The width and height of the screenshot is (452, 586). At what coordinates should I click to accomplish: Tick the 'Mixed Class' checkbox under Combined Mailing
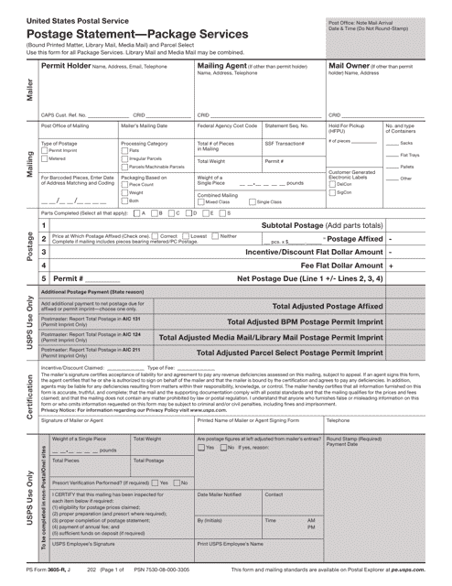pyautogui.click(x=201, y=201)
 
